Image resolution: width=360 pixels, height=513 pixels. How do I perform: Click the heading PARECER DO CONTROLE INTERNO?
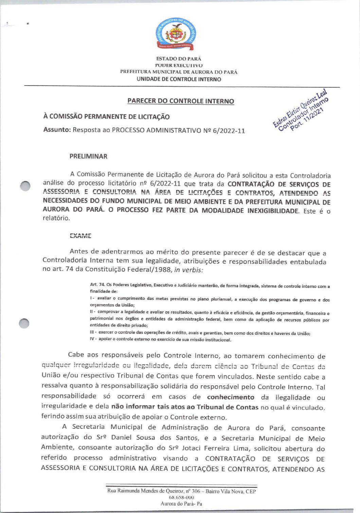pyautogui.click(x=181, y=101)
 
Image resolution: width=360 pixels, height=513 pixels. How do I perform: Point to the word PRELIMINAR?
pyautogui.click(x=88, y=157)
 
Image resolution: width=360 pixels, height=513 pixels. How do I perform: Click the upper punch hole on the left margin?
pyautogui.click(x=25, y=186)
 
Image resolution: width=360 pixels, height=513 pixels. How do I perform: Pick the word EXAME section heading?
pyautogui.click(x=80, y=236)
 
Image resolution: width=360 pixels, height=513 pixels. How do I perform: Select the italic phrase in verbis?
pyautogui.click(x=189, y=270)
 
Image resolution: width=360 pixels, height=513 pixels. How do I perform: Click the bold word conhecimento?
pyautogui.click(x=231, y=397)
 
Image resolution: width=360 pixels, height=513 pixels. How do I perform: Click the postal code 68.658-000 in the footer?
pyautogui.click(x=181, y=497)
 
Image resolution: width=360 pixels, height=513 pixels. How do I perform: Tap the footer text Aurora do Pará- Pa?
pyautogui.click(x=181, y=503)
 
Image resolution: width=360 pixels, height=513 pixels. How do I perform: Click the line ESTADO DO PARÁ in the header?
pyautogui.click(x=179, y=59)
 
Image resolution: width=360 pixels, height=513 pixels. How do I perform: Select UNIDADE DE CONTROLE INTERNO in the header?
pyautogui.click(x=179, y=79)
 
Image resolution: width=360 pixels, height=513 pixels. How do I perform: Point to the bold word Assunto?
pyautogui.click(x=57, y=130)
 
